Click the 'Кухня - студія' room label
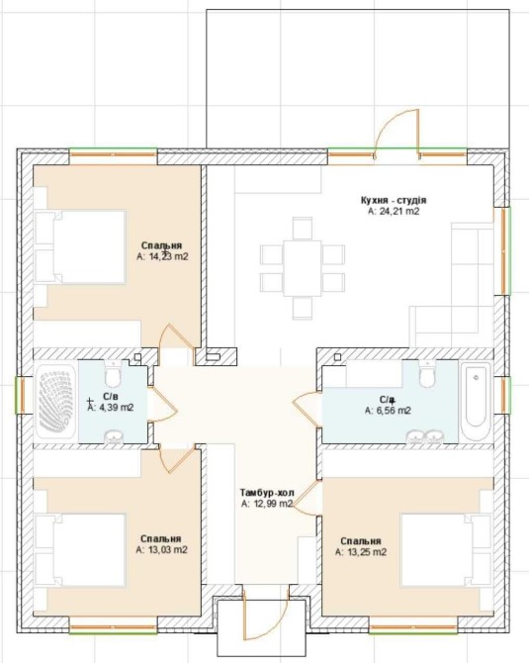click(x=394, y=200)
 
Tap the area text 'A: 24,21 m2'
click(x=394, y=212)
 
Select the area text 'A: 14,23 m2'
click(x=162, y=256)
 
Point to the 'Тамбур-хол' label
click(x=267, y=493)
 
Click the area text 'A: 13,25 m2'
click(x=361, y=552)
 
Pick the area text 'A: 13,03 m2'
click(x=162, y=549)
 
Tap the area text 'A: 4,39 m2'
click(x=111, y=408)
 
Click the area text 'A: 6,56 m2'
click(x=388, y=410)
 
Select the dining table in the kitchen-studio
click(x=303, y=268)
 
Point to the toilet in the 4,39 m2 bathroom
click(x=113, y=374)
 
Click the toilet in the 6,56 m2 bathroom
click(x=427, y=374)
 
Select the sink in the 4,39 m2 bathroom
click(x=113, y=437)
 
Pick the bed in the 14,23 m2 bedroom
click(x=80, y=246)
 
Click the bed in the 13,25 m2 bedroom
click(x=447, y=550)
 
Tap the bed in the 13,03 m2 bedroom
click(x=80, y=550)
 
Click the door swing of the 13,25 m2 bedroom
click(x=306, y=498)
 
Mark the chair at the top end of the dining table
click(x=303, y=229)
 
